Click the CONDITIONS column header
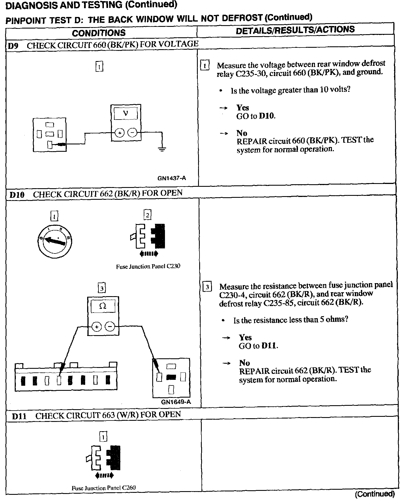tap(98, 33)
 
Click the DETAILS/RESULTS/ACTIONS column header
tap(295, 30)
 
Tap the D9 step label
tap(13, 46)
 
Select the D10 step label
tap(17, 195)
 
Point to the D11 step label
tap(19, 416)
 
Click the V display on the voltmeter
tap(126, 114)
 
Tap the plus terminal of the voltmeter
tap(119, 133)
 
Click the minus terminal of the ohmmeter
tap(110, 327)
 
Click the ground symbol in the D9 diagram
tap(162, 149)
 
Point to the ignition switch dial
tap(54, 240)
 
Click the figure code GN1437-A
tap(171, 178)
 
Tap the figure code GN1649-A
tap(176, 402)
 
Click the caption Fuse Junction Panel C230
tap(148, 266)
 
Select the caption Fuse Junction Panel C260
tap(104, 488)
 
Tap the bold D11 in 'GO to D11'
tap(269, 346)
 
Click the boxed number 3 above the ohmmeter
tap(101, 288)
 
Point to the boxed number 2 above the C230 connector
tap(147, 215)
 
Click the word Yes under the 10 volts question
tap(243, 108)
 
